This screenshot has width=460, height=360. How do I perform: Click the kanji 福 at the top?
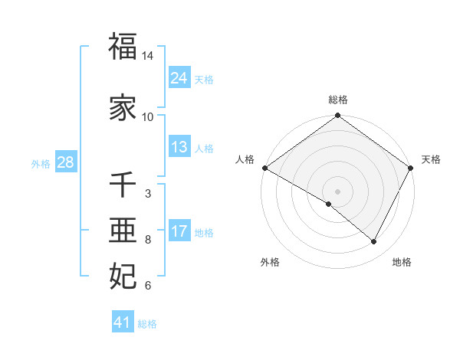123,47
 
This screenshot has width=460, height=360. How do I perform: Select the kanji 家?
123,107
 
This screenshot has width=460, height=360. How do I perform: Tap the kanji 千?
123,185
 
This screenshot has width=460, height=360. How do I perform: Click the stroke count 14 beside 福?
148,57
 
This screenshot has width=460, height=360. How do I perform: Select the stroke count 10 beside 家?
148,117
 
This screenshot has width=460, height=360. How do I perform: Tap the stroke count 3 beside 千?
148,194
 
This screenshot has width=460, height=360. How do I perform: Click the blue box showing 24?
179,78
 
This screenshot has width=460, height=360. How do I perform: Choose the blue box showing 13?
179,147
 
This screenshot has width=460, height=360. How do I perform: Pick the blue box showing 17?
179,231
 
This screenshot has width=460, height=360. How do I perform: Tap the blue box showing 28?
65,162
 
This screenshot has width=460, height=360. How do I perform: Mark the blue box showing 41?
123,322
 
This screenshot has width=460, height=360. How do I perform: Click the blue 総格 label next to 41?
147,324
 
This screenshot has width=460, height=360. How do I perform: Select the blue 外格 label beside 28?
41,163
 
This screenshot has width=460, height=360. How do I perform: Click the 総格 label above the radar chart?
338,100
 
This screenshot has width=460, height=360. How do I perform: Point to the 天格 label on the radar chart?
431,159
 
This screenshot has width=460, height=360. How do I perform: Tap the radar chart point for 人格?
264,168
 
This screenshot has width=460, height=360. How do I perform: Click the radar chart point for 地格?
374,242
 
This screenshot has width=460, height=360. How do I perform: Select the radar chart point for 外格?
329,204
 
